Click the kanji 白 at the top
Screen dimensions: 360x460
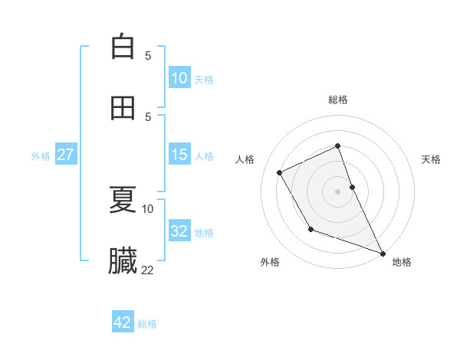123,47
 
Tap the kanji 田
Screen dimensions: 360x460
123,108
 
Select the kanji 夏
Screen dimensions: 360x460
123,200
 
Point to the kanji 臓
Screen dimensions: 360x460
123,261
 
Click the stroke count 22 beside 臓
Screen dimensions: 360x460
148,270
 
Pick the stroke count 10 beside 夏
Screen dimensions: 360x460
148,208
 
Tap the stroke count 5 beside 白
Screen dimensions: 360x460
148,55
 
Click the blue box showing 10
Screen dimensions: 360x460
179,78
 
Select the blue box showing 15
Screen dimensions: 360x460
179,155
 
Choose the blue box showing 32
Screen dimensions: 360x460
179,231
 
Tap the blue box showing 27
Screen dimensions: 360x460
65,155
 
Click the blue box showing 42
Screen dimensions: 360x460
123,322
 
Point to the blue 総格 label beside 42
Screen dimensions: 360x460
147,324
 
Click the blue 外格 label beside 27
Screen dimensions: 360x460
41,156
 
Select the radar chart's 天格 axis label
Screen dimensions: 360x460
432,159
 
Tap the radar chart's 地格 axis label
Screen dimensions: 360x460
402,262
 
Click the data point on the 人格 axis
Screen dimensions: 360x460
279,172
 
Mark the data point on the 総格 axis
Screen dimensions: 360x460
337,146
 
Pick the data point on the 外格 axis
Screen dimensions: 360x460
310,229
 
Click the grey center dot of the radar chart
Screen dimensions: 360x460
337,191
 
